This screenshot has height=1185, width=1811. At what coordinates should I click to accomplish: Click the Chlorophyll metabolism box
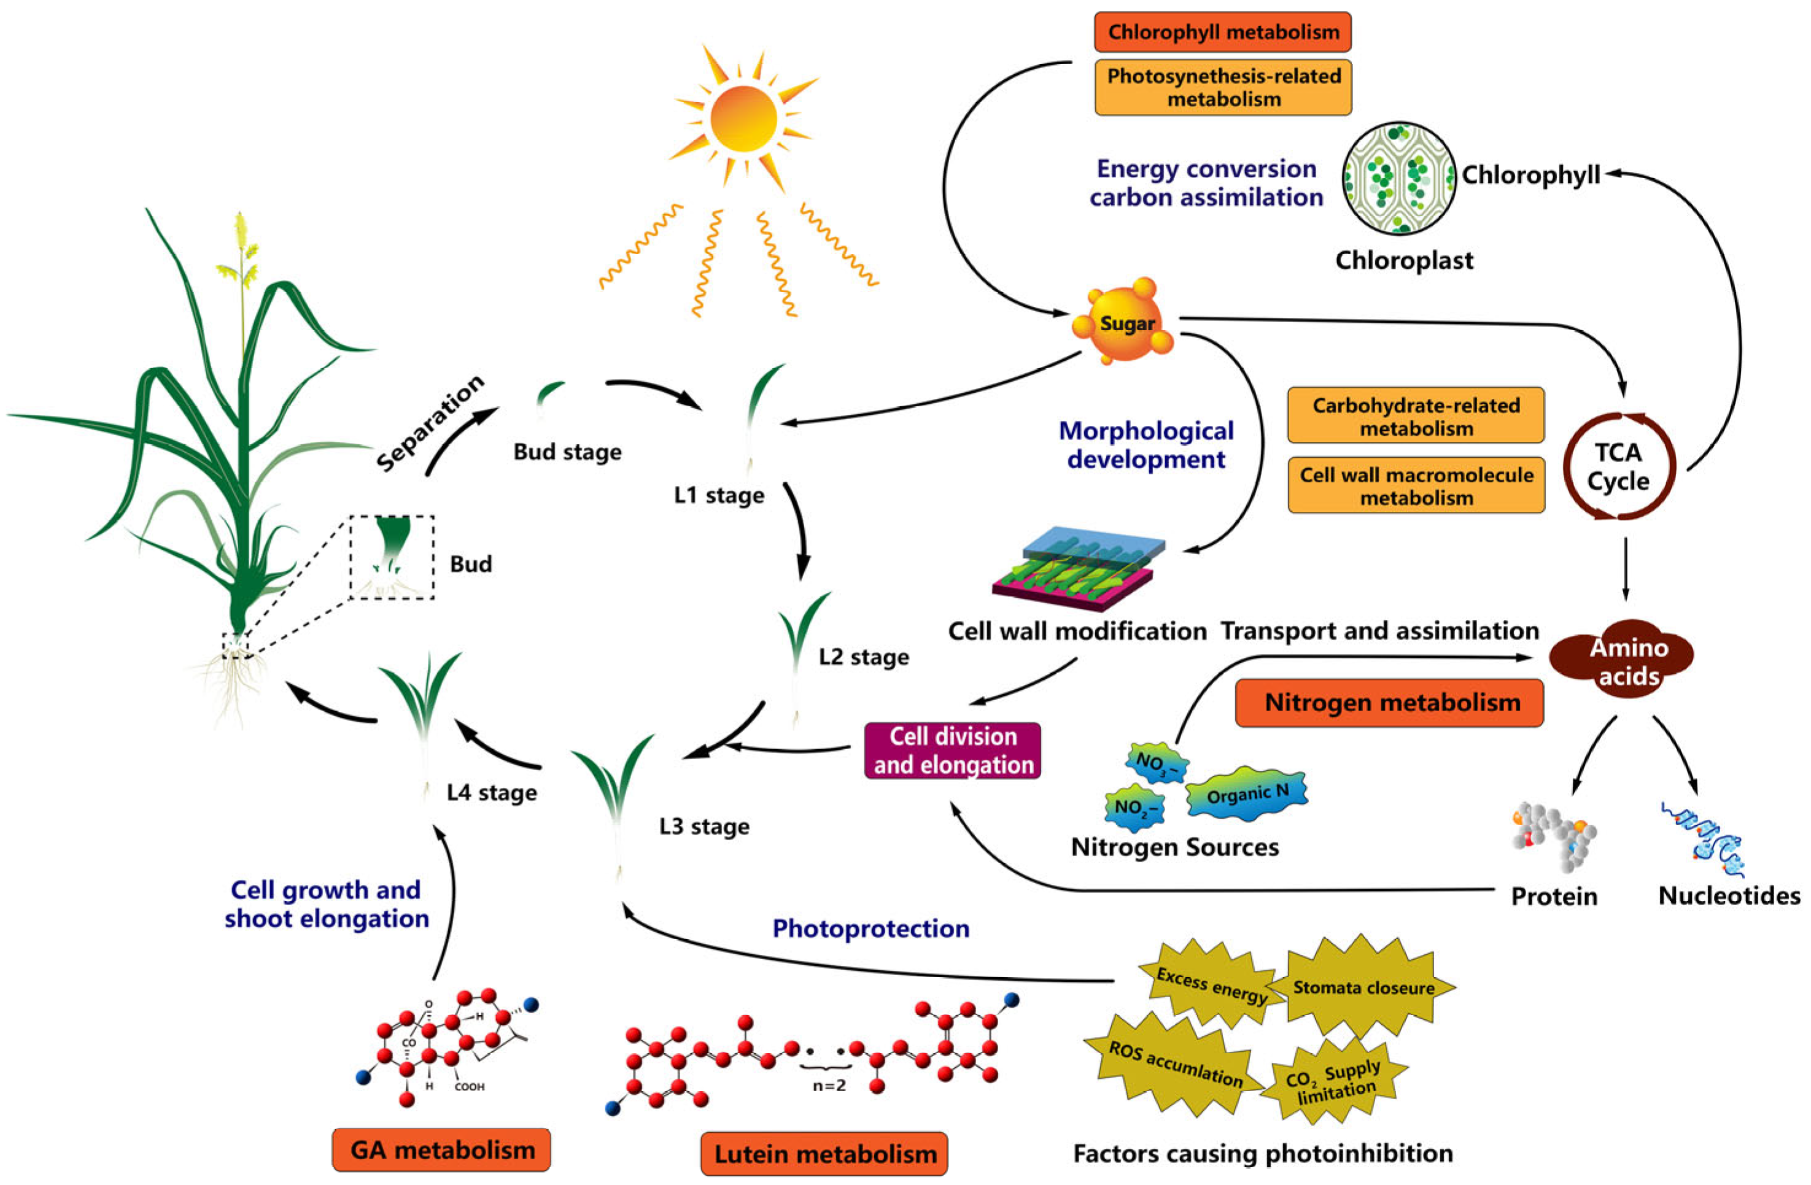coord(1223,32)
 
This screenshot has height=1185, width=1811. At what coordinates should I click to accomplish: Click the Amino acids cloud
coord(1623,660)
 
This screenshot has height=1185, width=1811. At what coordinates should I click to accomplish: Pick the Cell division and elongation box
coord(953,751)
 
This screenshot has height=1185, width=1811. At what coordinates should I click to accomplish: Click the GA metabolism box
coord(441,1150)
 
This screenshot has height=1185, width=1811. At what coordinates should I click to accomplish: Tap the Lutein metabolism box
coord(824,1154)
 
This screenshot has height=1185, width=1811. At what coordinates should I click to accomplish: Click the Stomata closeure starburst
coord(1363,987)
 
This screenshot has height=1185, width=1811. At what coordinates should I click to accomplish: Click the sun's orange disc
coord(743,118)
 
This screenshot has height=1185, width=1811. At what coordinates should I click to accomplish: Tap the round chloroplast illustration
coord(1398,178)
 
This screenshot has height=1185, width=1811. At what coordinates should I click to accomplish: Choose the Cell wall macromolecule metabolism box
coord(1416,485)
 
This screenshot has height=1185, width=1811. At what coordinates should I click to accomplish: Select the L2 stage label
coord(864,657)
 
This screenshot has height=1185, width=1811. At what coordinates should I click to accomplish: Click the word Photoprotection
coord(871,928)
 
